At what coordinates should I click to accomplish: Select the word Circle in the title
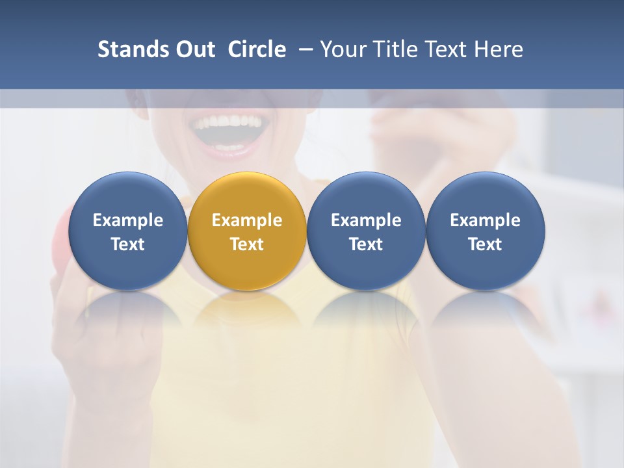click(257, 49)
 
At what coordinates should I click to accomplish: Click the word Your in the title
click(341, 49)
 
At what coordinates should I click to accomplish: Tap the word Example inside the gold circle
click(247, 220)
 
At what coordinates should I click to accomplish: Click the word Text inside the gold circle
click(247, 244)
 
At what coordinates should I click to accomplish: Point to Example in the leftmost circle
click(127, 220)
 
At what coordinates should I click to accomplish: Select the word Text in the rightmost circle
click(486, 244)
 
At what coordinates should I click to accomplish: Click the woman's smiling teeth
click(227, 122)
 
